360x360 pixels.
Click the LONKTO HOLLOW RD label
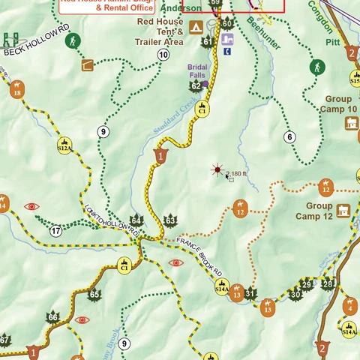coord(112,221)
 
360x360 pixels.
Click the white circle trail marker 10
coord(163,55)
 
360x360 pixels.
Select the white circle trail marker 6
coord(289,136)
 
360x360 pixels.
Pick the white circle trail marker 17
coord(56,231)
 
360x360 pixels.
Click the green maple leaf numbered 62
coord(196,86)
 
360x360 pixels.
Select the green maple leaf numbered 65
coord(94,294)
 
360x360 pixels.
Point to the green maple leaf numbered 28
coord(328,283)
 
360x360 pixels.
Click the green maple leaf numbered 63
coord(170,220)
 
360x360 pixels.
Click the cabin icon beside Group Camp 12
coord(344,211)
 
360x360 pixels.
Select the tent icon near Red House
coord(195,28)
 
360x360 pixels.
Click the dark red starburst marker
coord(217,170)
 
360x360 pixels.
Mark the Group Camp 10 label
coord(340,103)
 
